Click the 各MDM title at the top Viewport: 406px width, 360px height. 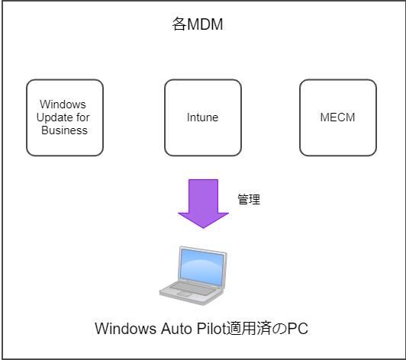[198, 24]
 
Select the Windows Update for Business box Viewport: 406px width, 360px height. [65, 117]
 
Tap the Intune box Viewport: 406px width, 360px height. [203, 117]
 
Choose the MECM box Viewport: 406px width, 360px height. [338, 117]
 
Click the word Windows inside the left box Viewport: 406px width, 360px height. [63, 104]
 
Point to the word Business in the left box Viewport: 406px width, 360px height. [64, 130]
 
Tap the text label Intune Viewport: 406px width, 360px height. [203, 117]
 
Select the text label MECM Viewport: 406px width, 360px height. [337, 117]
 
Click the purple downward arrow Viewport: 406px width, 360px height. [203, 204]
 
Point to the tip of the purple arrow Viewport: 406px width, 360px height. [203, 228]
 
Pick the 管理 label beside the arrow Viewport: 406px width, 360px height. [249, 200]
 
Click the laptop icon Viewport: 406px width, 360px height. [193, 275]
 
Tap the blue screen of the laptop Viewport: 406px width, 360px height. [202, 268]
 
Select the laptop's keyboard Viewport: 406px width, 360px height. [193, 288]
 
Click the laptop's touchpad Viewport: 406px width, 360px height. [185, 294]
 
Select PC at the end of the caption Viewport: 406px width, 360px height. [298, 329]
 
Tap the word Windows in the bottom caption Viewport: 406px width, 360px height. [126, 329]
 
